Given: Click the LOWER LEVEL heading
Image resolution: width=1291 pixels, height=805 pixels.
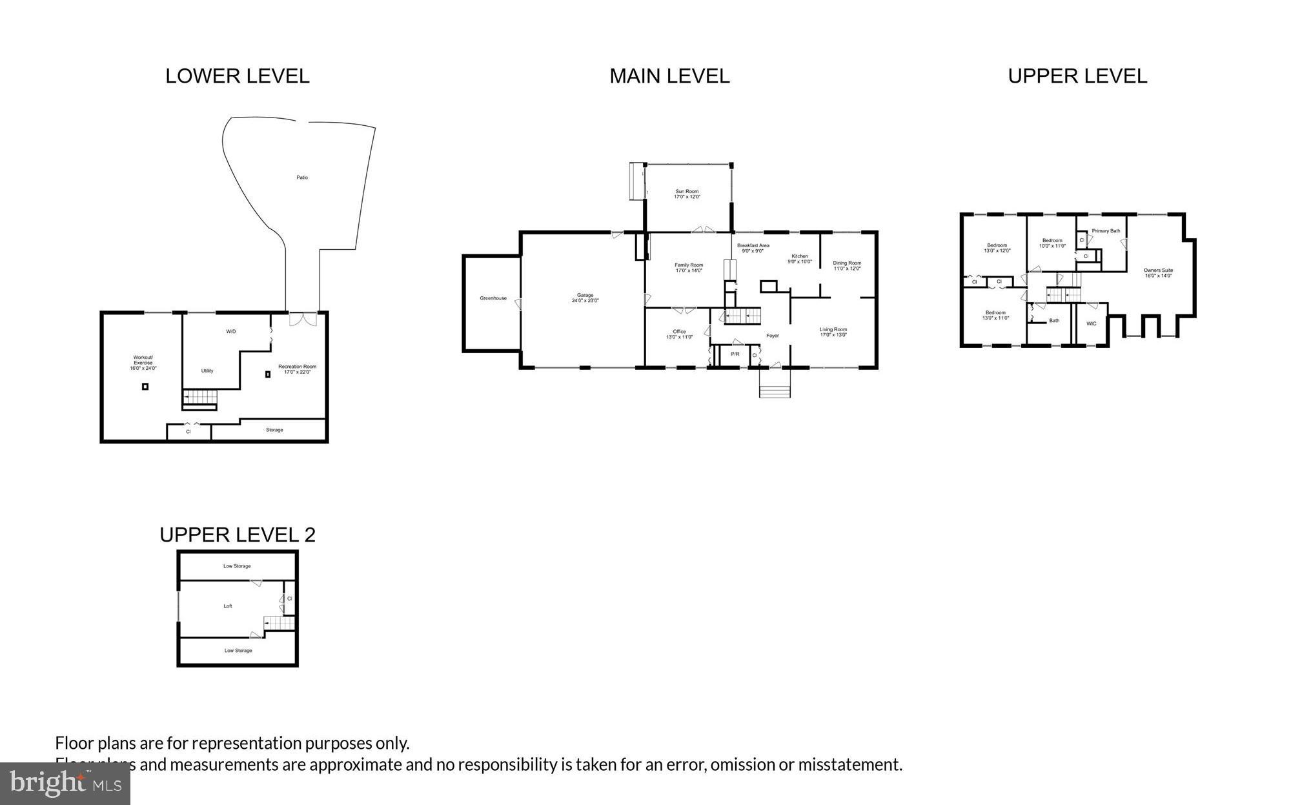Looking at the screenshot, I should point(238,76).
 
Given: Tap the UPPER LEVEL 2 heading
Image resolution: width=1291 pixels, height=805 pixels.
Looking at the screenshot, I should point(238,535).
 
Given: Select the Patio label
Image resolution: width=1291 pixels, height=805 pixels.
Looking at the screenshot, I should point(302,178).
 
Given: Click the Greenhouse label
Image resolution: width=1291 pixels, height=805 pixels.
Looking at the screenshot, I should point(493,298).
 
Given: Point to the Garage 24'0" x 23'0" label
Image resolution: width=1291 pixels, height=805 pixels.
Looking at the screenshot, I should point(585,298).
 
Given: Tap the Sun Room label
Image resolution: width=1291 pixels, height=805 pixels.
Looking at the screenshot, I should point(687,194).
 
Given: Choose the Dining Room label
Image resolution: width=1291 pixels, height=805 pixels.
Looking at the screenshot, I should point(847,265).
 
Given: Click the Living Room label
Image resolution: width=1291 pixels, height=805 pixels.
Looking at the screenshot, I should point(833,332).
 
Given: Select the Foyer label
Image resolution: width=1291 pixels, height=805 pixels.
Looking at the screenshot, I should point(773,336).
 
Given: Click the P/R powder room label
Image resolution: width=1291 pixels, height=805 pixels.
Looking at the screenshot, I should point(735,354).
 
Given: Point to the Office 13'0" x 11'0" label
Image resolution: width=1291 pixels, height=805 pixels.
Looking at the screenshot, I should point(679,334).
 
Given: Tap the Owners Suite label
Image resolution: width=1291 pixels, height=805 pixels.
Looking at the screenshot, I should point(1158,272).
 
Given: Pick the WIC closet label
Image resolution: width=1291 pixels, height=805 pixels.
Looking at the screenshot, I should point(1091,323).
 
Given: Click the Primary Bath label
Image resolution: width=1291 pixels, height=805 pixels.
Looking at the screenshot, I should point(1106,231).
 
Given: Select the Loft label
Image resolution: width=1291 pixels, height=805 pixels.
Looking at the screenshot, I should point(228,606).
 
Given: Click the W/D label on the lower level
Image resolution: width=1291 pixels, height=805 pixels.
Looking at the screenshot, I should point(231,331).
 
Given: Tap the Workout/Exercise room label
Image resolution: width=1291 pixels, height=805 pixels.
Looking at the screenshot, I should point(143,362).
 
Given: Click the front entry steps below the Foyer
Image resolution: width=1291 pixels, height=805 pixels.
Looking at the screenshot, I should point(775,391).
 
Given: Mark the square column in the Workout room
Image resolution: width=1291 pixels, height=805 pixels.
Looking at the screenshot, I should point(145,387).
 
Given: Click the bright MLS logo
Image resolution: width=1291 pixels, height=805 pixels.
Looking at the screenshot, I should point(65,784).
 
